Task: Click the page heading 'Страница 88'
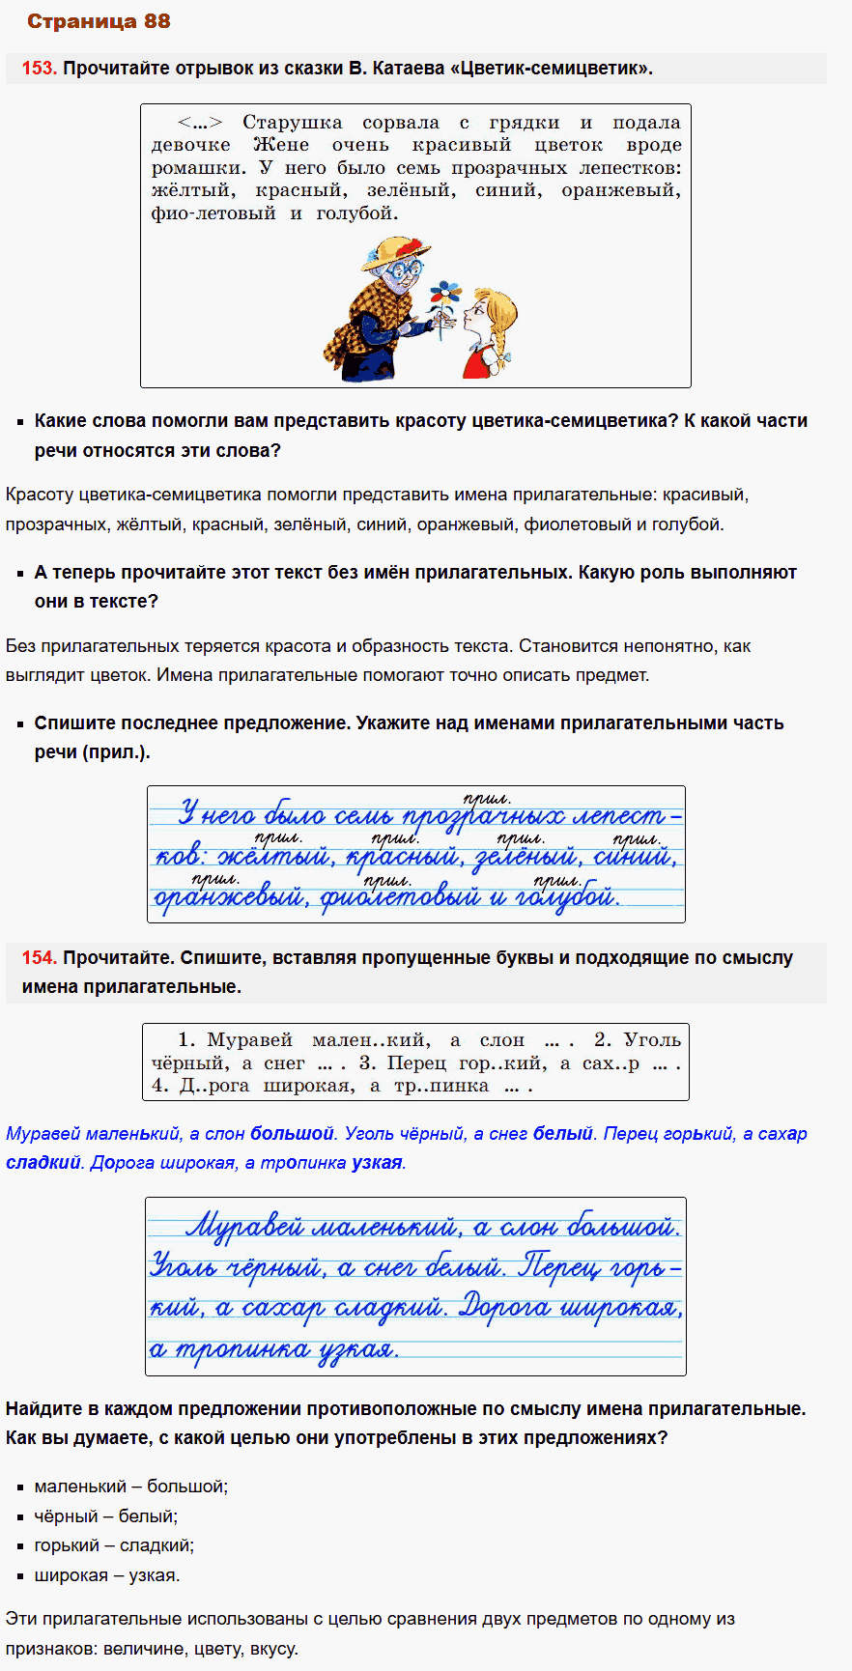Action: pyautogui.click(x=99, y=21)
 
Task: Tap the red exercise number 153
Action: pyautogui.click(x=39, y=69)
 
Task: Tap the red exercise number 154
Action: pyautogui.click(x=39, y=958)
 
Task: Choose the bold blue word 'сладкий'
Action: pyautogui.click(x=43, y=1163)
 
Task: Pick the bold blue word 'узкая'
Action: pyautogui.click(x=377, y=1163)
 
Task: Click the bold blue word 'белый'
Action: pyautogui.click(x=562, y=1134)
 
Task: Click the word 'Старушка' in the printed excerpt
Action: pyautogui.click(x=292, y=123)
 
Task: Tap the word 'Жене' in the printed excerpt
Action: pyautogui.click(x=281, y=145)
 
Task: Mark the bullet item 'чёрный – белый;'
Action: pyautogui.click(x=106, y=1516)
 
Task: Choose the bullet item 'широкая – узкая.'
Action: pyautogui.click(x=107, y=1575)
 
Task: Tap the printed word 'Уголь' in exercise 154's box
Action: pyautogui.click(x=652, y=1040)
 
